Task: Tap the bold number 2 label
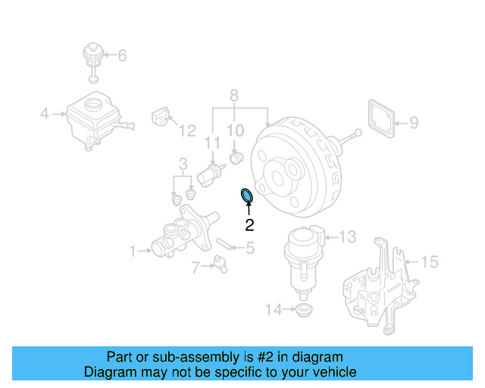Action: tap(249, 224)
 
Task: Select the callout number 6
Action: tap(122, 55)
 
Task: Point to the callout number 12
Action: tap(187, 131)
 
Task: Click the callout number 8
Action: tap(234, 95)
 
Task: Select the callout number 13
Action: tap(346, 237)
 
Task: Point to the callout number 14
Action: tap(273, 308)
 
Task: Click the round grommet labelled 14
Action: tap(303, 311)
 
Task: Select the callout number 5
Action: tap(249, 247)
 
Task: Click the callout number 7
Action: tap(196, 267)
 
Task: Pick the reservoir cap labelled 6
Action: tap(92, 58)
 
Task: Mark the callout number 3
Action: tap(183, 164)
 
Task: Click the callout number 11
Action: tap(213, 142)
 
